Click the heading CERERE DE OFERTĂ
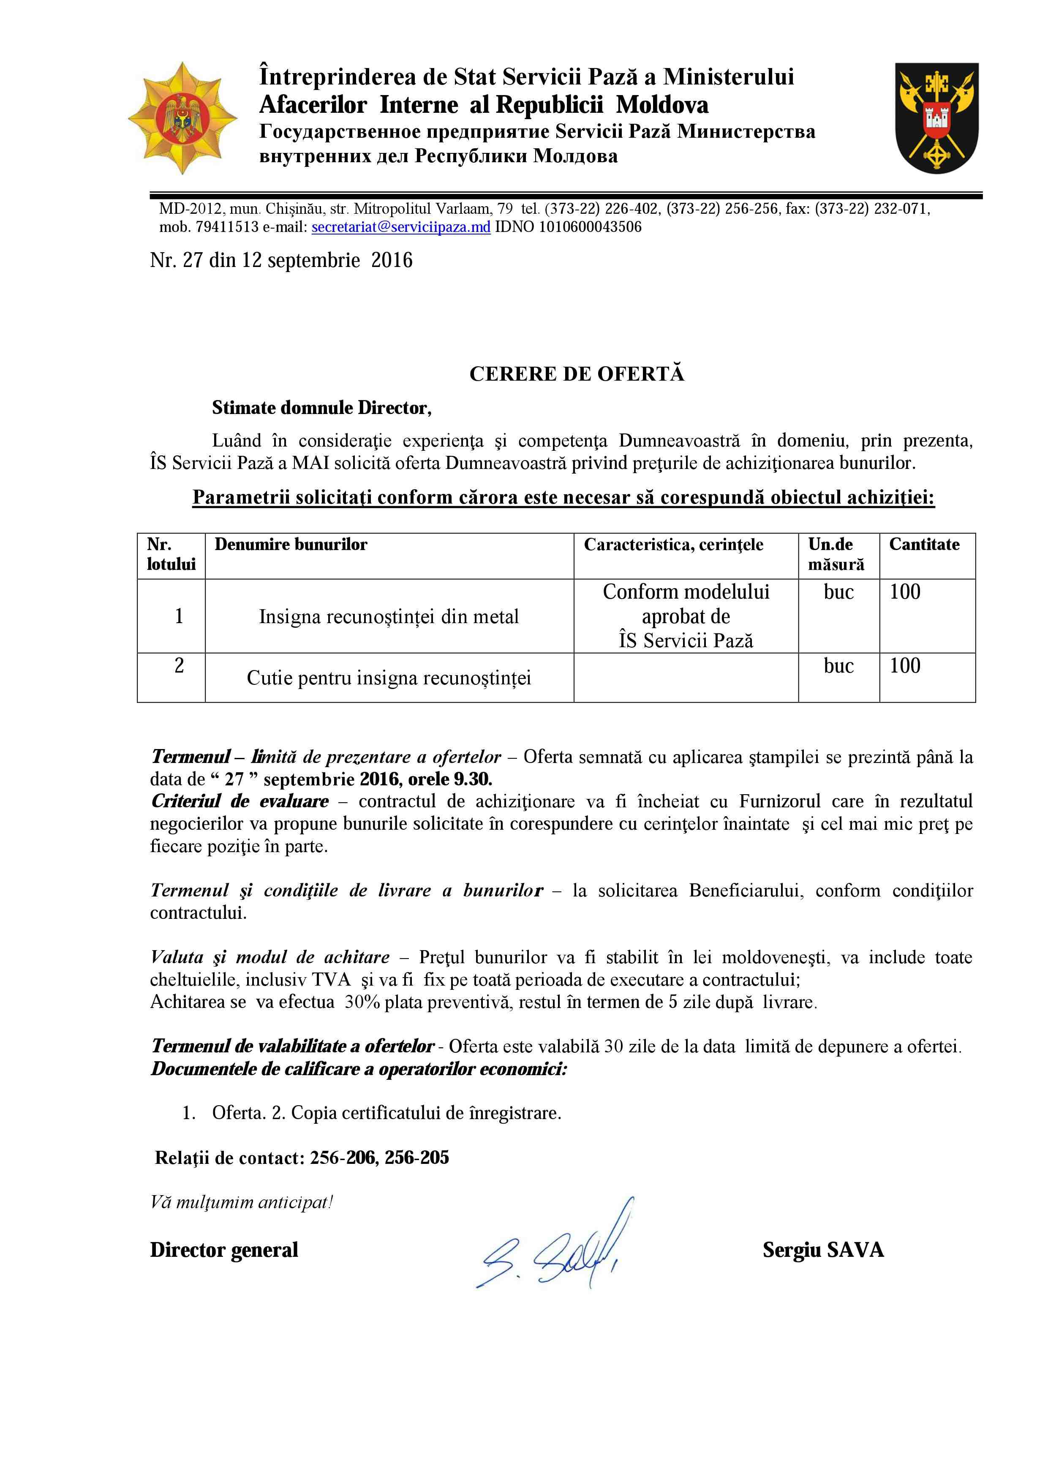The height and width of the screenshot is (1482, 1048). [576, 374]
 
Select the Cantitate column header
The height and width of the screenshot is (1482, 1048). [924, 545]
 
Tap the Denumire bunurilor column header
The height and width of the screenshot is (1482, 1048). [291, 545]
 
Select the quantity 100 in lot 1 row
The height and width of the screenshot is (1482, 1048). [905, 592]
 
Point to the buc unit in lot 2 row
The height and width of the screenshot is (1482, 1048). [838, 666]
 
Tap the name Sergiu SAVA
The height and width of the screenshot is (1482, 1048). [823, 1250]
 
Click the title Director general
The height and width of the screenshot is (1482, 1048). [224, 1250]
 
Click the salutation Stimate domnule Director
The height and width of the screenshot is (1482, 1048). [321, 408]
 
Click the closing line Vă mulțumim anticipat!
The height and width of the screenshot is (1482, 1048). [241, 1202]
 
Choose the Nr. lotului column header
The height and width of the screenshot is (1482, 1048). [171, 554]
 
